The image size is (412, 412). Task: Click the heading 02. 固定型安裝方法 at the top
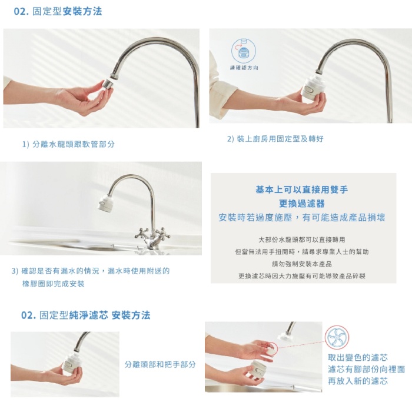point(58,12)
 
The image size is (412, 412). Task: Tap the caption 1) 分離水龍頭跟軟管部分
point(69,144)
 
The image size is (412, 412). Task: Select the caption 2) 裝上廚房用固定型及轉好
point(275,139)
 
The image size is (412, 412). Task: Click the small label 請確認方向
point(244,68)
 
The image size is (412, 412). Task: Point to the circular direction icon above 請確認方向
point(244,51)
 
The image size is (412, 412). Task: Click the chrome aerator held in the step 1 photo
point(108,84)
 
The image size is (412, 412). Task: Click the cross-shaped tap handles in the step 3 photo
point(152,234)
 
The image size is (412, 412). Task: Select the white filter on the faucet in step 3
point(105,203)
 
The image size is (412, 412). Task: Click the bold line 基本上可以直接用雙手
point(301,190)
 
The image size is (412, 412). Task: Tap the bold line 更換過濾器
point(301,204)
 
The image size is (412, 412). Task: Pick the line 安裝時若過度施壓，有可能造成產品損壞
point(301,218)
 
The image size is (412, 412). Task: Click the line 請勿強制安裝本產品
point(301,264)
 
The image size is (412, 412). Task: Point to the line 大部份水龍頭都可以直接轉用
point(301,240)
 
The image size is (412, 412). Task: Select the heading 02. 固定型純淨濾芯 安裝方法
point(86,315)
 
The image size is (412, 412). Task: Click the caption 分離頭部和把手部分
point(160,364)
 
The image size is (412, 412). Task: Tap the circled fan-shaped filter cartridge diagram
point(337,338)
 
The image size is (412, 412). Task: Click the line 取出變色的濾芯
point(358,357)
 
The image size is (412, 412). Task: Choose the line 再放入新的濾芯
point(358,381)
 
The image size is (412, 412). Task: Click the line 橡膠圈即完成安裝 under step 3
point(54,284)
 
